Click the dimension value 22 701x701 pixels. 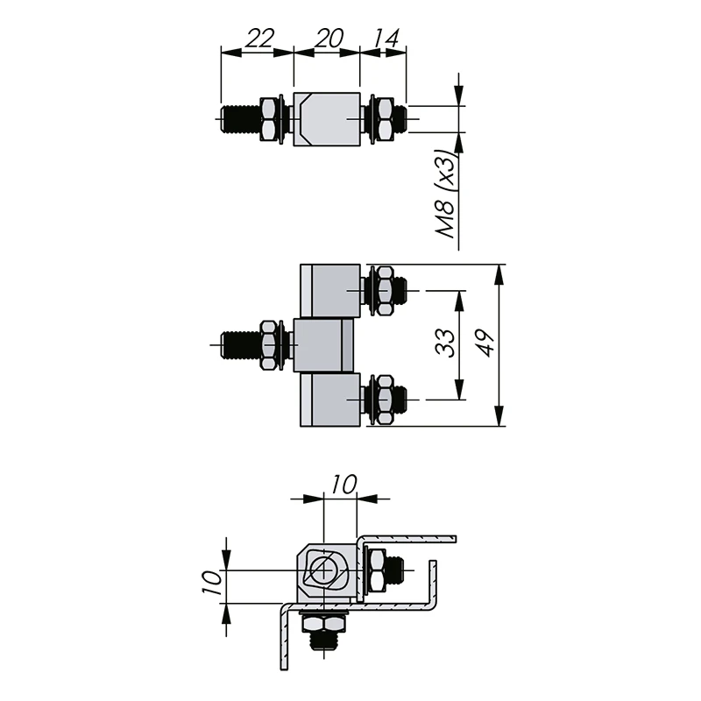259,38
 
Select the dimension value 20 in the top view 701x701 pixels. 329,38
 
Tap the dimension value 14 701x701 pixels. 386,38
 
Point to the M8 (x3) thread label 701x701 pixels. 446,194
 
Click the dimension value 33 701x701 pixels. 445,343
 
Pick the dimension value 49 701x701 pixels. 485,343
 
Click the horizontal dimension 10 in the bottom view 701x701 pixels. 343,485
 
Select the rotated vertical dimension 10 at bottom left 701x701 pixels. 212,583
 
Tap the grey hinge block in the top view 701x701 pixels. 327,119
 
